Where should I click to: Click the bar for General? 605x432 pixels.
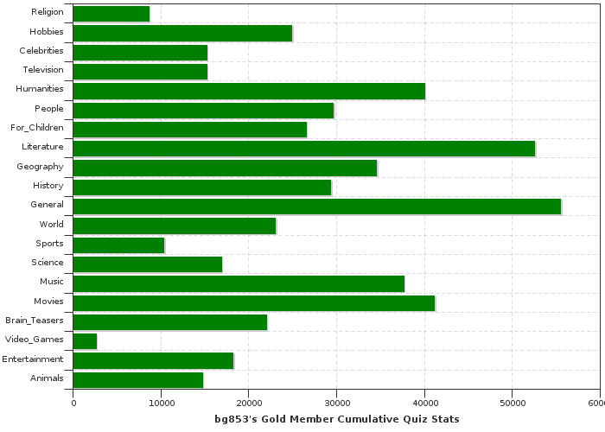tap(317, 206)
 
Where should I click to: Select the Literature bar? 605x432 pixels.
tap(304, 148)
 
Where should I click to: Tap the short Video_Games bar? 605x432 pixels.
tap(85, 340)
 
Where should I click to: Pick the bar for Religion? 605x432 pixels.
tap(111, 14)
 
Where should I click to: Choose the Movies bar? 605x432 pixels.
tap(254, 302)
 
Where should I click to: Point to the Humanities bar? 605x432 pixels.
tap(249, 91)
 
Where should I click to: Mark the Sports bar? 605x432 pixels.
tap(119, 245)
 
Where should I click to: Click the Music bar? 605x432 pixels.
tap(239, 283)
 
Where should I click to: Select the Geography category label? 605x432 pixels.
tap(40, 166)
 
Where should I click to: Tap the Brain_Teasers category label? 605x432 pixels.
tap(34, 321)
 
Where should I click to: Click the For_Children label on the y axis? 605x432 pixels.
tap(37, 128)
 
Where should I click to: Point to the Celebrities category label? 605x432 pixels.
tap(41, 51)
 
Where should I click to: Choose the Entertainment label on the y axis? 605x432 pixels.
tap(32, 359)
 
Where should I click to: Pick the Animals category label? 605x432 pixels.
tap(47, 378)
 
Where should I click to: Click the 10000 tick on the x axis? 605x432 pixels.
tap(161, 403)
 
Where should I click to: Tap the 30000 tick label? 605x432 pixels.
tap(336, 403)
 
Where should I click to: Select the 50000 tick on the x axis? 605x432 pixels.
tap(512, 403)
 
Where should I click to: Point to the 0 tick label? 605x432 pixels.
tap(73, 403)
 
